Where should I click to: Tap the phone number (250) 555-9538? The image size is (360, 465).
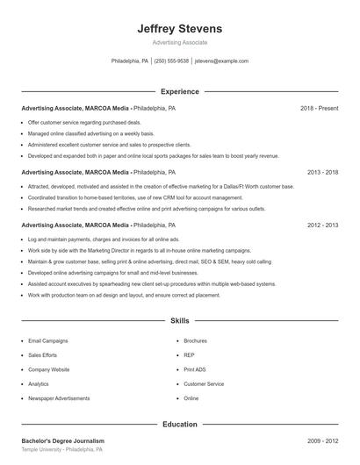pyautogui.click(x=171, y=61)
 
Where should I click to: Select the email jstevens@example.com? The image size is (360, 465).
pyautogui.click(x=221, y=61)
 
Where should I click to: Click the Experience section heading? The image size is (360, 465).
pyautogui.click(x=180, y=91)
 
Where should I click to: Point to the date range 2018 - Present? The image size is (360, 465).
pyautogui.click(x=319, y=108)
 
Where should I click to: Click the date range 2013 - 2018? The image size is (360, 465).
pyautogui.click(x=322, y=173)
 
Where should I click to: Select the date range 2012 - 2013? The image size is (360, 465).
pyautogui.click(x=322, y=225)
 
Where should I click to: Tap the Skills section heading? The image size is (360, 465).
pyautogui.click(x=180, y=322)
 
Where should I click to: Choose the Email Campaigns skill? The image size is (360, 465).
pyautogui.click(x=47, y=340)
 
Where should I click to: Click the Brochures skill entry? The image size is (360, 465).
pyautogui.click(x=195, y=340)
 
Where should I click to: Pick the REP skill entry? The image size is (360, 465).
pyautogui.click(x=189, y=355)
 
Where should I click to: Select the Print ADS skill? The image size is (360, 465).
pyautogui.click(x=194, y=369)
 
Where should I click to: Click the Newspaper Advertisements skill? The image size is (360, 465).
pyautogui.click(x=59, y=398)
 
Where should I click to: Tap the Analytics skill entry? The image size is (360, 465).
pyautogui.click(x=39, y=384)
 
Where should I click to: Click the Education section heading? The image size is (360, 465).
pyautogui.click(x=180, y=424)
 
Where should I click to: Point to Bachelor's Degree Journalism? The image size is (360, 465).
pyautogui.click(x=62, y=440)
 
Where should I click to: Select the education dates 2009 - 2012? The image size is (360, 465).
pyautogui.click(x=322, y=440)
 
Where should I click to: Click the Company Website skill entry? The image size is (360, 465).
pyautogui.click(x=48, y=369)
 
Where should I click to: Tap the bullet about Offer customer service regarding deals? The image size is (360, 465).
pyautogui.click(x=84, y=123)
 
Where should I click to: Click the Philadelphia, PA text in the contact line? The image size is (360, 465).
pyautogui.click(x=130, y=61)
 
